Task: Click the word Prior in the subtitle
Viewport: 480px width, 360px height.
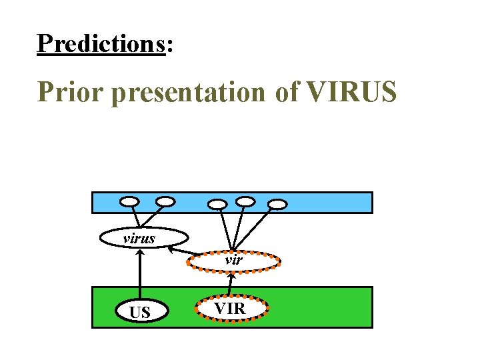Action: tap(71, 92)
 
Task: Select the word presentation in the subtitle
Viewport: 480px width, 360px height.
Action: tap(189, 93)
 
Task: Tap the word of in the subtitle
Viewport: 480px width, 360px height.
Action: tap(287, 92)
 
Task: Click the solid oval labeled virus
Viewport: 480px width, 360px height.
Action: tap(143, 237)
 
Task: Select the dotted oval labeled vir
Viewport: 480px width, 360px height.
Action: tap(233, 261)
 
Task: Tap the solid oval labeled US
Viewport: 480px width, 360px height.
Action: tap(140, 311)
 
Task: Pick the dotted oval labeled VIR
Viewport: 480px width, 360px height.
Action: tap(231, 309)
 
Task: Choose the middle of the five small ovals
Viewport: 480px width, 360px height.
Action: tap(217, 203)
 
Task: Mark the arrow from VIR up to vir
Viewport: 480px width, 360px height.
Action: tap(231, 283)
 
